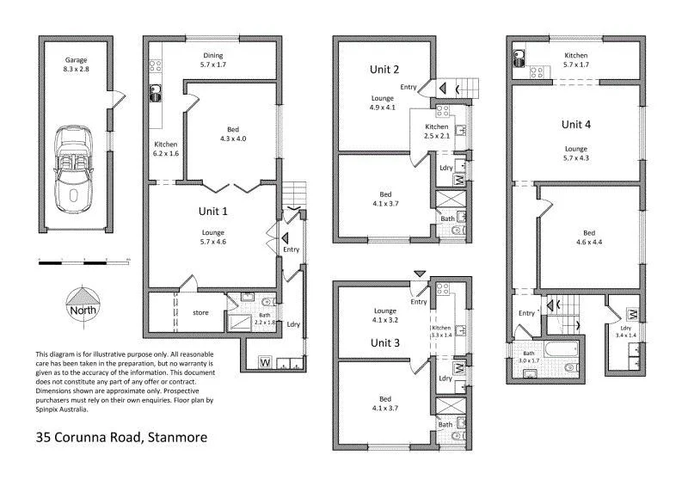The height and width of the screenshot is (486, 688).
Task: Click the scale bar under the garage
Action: click(83, 259)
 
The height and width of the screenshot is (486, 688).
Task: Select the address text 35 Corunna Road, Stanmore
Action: click(121, 437)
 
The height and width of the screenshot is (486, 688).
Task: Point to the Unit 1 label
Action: click(212, 209)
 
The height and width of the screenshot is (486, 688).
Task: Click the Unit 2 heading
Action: click(384, 69)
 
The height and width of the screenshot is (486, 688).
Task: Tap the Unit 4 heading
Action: click(576, 124)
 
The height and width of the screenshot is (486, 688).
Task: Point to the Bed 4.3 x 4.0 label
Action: click(232, 133)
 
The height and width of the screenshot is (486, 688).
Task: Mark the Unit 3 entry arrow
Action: click(418, 274)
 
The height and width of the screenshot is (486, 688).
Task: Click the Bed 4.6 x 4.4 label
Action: click(588, 237)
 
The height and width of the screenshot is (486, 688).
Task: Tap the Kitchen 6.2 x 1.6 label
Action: click(165, 149)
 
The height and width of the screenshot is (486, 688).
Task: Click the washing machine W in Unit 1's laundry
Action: click(264, 361)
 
